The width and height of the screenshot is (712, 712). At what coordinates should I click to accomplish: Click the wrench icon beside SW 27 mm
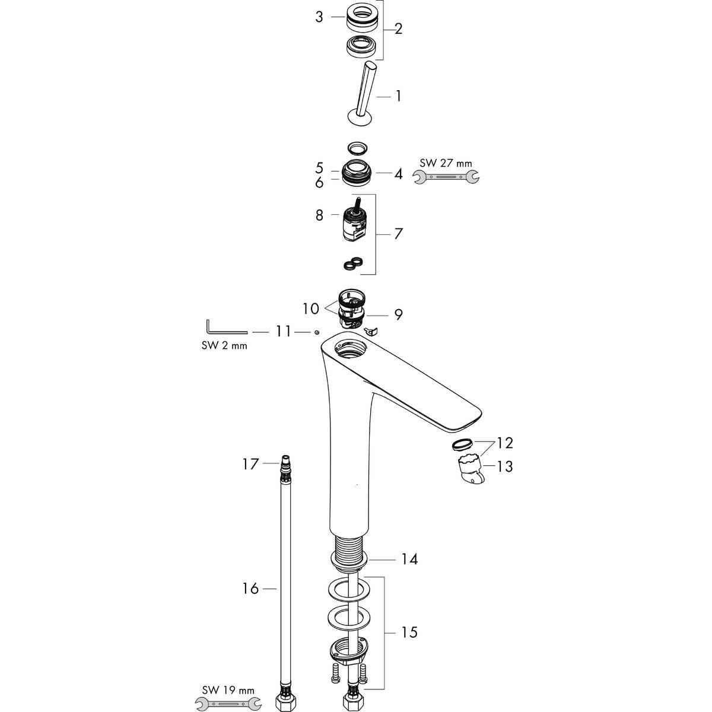447,176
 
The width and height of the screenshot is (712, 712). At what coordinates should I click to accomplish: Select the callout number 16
250,589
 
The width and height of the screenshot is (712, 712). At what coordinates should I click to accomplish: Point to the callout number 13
504,466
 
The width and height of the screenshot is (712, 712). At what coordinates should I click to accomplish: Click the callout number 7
398,233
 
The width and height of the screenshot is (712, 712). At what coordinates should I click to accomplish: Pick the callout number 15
409,632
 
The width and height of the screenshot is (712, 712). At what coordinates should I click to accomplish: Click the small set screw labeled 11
318,332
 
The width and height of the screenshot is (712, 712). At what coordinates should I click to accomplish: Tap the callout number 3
319,17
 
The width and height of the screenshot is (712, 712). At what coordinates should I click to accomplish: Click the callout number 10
310,309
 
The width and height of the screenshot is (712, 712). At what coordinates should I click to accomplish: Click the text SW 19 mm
229,690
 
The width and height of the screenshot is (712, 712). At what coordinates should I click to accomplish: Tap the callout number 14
409,559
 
